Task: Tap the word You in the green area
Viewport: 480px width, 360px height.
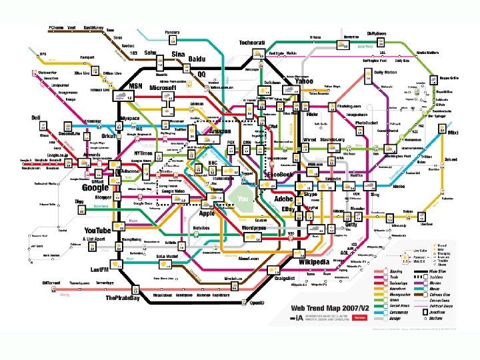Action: pyautogui.click(x=243, y=199)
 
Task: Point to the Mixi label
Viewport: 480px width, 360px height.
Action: pyautogui.click(x=453, y=133)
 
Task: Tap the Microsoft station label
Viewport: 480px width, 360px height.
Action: pyautogui.click(x=163, y=88)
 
